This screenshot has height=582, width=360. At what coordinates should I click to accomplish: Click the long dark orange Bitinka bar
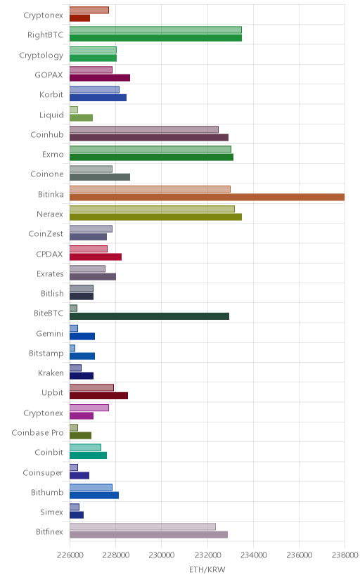207,197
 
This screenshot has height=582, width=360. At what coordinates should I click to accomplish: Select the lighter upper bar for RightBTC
155,30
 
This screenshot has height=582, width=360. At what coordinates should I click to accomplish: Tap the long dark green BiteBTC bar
149,316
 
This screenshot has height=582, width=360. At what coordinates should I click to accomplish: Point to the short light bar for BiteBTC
74,308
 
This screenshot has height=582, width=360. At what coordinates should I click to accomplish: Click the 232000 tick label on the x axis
207,555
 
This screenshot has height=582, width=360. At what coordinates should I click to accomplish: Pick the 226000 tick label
70,555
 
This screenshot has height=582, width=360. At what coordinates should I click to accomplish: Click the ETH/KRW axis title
207,570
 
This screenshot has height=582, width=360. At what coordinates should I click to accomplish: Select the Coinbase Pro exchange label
37,433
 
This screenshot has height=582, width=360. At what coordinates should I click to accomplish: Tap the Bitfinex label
50,532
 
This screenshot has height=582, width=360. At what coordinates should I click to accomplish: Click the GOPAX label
49,75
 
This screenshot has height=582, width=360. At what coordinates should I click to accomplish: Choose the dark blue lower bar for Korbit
98,98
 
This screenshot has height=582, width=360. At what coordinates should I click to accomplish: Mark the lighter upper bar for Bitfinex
143,526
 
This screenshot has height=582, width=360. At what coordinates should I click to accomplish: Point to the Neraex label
50,214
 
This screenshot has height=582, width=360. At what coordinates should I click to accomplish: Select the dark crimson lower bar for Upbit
98,396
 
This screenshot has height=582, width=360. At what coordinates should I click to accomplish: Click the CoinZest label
46,234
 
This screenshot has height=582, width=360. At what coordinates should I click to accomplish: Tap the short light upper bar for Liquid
74,110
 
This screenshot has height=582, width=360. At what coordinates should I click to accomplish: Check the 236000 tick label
299,555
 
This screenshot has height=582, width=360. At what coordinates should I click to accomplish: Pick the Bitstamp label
46,354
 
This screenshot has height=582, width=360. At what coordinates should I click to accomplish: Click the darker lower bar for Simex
77,515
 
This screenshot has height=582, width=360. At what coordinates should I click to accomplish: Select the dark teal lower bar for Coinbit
89,455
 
